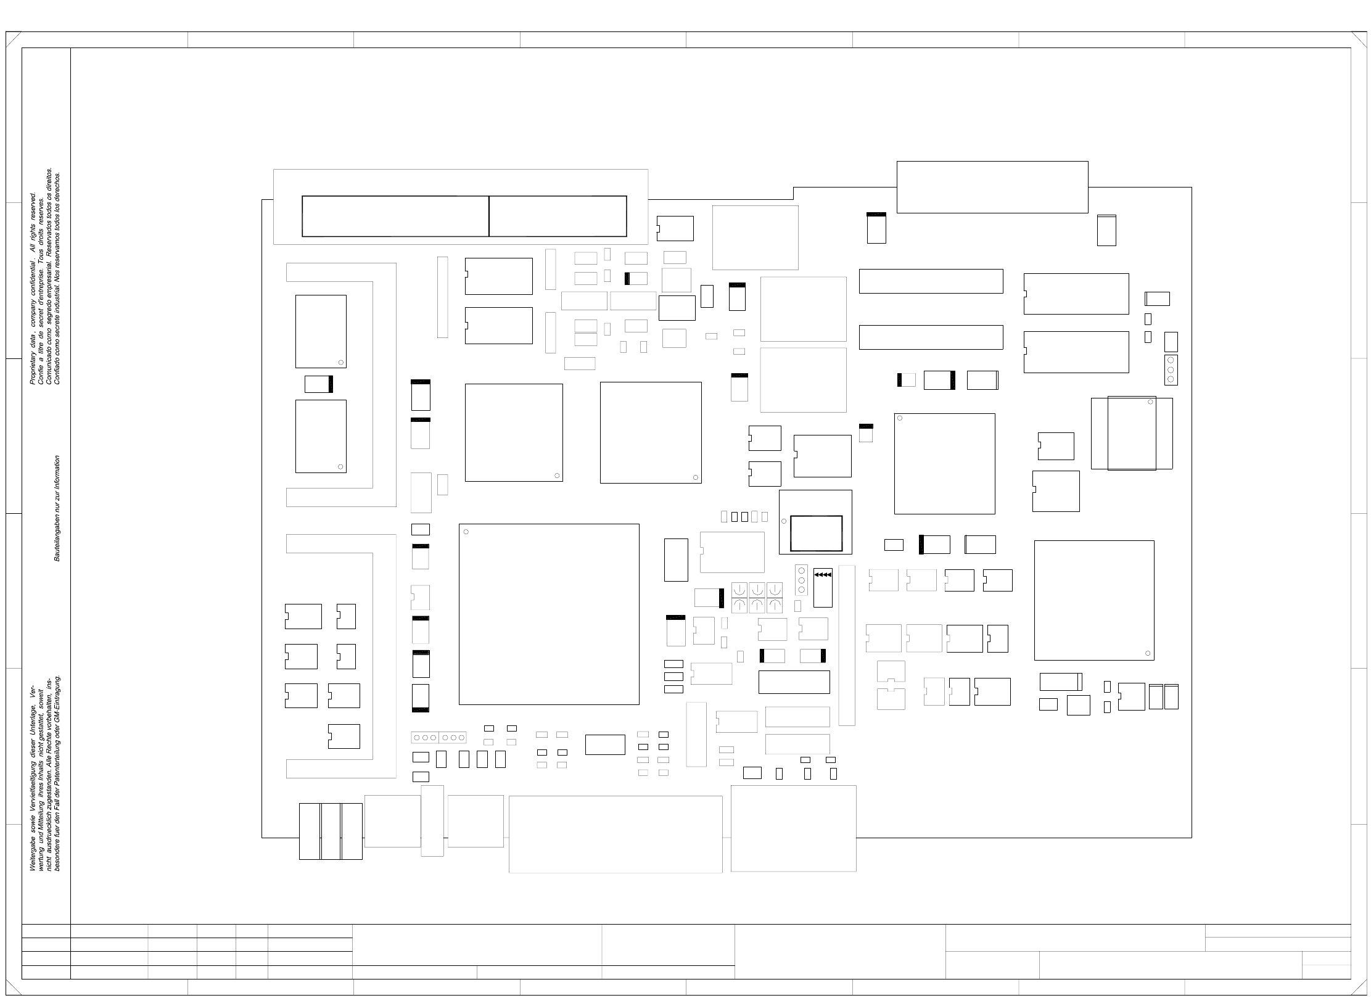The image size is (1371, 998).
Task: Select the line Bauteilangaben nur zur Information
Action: click(57, 508)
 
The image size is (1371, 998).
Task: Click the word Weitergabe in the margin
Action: click(33, 855)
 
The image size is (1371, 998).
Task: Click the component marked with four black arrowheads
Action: click(823, 587)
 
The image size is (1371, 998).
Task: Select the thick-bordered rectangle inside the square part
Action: click(816, 533)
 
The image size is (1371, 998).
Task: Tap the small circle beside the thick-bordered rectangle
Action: click(784, 521)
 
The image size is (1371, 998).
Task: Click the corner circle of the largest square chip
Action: click(466, 532)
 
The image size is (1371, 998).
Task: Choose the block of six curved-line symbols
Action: click(757, 597)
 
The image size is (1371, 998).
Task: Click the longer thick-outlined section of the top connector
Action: click(395, 216)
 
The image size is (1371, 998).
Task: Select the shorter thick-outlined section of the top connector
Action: click(558, 216)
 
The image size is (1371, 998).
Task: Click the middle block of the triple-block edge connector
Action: click(331, 831)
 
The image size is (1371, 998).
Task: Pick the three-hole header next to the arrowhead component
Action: click(801, 580)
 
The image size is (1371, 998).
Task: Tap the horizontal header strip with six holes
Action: click(438, 737)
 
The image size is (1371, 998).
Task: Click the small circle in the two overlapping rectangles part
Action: click(1150, 402)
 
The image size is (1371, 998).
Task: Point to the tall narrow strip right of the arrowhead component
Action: click(847, 645)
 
